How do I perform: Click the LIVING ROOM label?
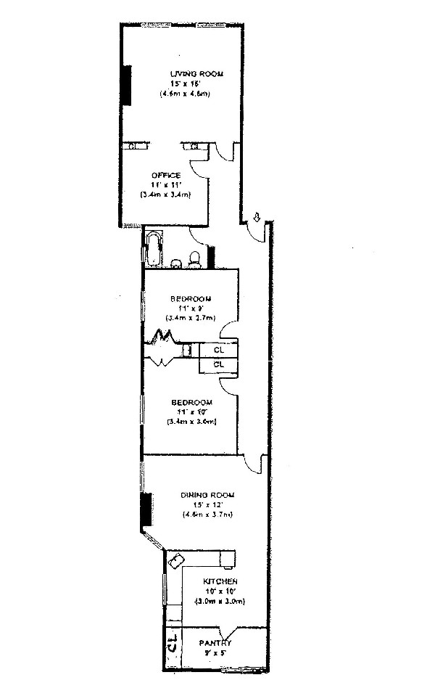click(196, 74)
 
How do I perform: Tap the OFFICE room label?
click(166, 176)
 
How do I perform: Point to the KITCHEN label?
click(221, 582)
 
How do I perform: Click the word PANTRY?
click(215, 643)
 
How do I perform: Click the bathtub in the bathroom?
click(154, 249)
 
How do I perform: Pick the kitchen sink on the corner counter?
click(177, 560)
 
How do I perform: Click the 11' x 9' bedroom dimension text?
click(191, 308)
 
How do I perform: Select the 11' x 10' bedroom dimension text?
click(191, 412)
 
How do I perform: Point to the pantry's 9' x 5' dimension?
click(215, 653)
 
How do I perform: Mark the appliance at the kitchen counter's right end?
click(228, 558)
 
